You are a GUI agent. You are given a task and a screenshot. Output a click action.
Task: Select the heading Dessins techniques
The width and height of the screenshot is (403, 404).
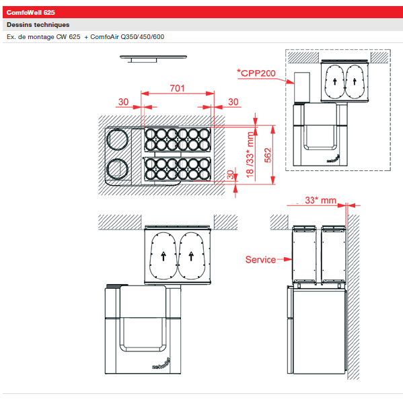38,25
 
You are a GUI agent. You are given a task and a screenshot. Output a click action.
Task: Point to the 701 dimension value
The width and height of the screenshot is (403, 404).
177,89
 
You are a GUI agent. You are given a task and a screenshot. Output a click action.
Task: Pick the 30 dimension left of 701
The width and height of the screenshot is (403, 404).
123,102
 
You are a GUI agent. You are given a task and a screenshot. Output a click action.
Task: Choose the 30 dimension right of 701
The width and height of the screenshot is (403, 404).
233,102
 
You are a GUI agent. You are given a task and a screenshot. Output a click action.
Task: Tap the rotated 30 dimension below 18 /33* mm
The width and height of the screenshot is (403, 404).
230,176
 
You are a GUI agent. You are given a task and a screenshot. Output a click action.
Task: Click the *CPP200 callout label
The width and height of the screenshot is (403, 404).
256,72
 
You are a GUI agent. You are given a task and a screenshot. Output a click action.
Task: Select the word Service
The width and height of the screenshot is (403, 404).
260,259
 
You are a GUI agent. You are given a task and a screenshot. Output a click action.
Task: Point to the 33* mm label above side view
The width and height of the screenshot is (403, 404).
320,201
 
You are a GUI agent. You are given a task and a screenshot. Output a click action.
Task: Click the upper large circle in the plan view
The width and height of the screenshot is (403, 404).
118,140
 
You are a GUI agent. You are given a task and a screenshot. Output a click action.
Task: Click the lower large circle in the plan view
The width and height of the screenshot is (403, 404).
118,170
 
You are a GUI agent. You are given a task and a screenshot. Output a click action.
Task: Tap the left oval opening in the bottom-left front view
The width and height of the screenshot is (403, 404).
163,255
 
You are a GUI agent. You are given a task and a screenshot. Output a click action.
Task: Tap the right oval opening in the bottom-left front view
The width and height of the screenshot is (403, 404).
192,255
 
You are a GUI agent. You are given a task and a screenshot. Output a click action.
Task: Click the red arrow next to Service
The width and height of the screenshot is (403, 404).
284,259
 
